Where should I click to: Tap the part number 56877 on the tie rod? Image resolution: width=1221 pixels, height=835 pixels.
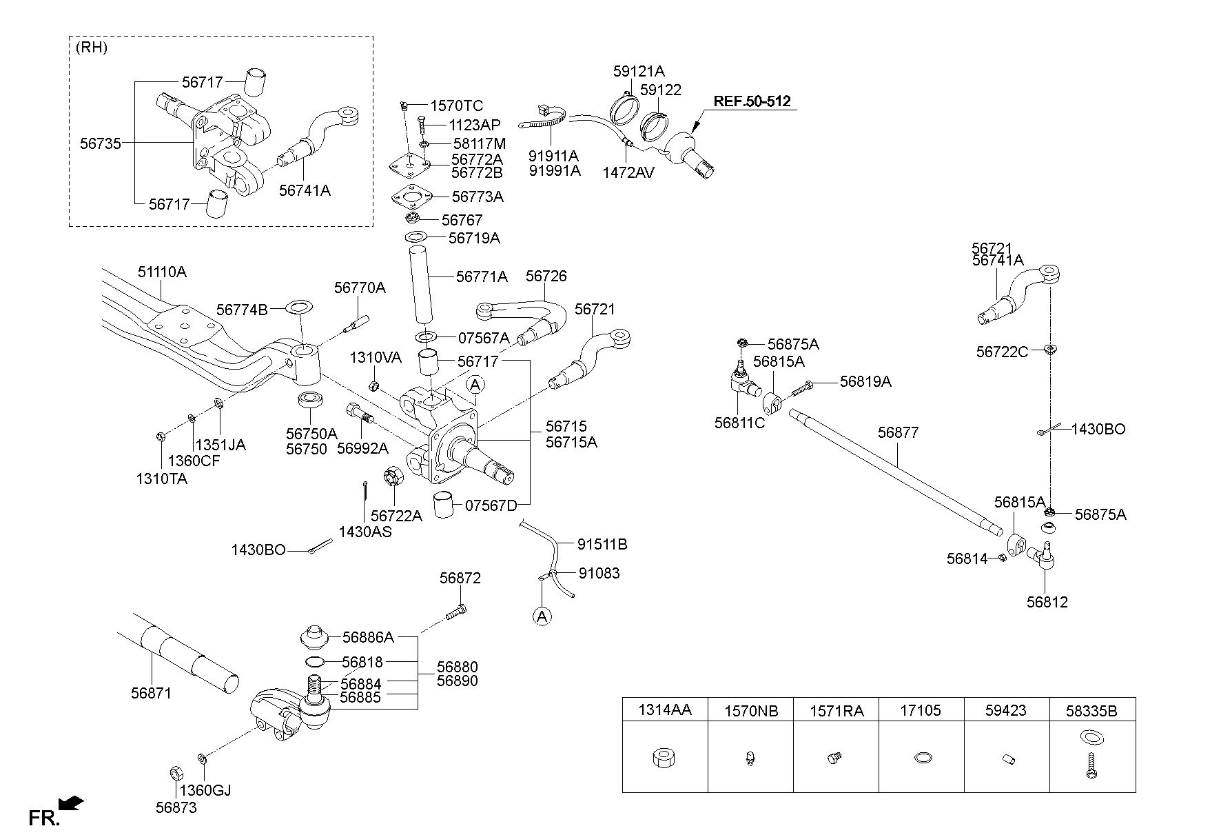[x=898, y=433]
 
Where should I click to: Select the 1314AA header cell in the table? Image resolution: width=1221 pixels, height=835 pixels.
[x=664, y=710]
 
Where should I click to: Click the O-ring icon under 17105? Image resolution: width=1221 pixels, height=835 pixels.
[x=921, y=758]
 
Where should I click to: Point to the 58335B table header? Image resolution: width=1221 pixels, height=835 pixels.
[x=1091, y=710]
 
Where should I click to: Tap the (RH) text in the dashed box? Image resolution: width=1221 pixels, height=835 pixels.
[x=91, y=48]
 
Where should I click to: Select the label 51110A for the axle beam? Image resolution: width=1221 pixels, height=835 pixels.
[x=162, y=272]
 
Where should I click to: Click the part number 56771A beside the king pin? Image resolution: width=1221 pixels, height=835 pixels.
[x=481, y=277]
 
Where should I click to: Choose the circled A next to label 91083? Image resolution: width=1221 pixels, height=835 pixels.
[x=542, y=616]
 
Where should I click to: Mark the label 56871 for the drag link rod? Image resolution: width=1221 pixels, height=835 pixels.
[x=151, y=693]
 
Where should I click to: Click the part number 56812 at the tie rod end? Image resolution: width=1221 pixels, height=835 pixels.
[x=1047, y=602]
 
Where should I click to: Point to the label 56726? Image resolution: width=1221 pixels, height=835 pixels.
[x=546, y=276]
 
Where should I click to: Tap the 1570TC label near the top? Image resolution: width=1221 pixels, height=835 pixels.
[x=456, y=106]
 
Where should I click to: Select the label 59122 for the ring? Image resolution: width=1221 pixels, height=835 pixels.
[x=660, y=90]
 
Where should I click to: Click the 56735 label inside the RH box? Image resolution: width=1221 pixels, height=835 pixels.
[x=101, y=143]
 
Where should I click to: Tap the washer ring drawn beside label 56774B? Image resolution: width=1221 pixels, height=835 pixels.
[x=298, y=305]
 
